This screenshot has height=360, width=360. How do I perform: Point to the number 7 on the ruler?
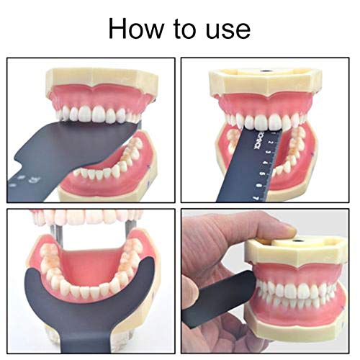pyautogui.click(x=257, y=196)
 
